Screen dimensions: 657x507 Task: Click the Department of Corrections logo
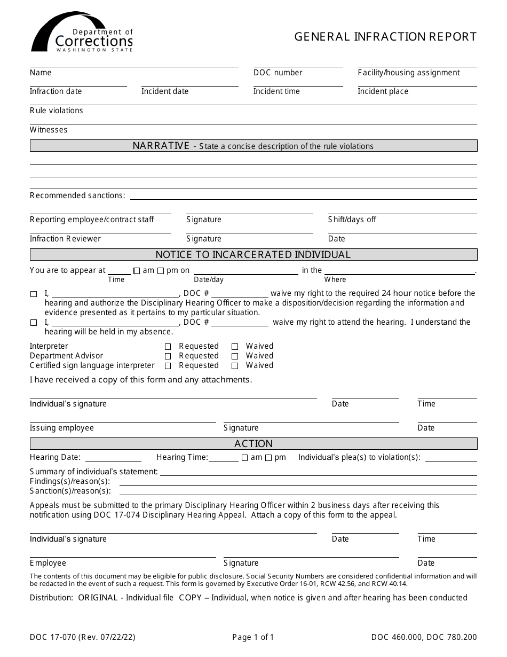(x=82, y=33)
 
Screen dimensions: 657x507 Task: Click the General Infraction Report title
(x=385, y=37)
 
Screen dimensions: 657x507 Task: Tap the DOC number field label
(x=278, y=73)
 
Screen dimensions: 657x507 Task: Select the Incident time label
(x=276, y=91)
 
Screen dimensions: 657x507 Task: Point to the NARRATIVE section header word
(x=161, y=146)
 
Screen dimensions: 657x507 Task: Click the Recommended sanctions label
(x=77, y=195)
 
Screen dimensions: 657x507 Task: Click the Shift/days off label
(x=352, y=220)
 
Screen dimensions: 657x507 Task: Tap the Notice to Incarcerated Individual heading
(x=253, y=255)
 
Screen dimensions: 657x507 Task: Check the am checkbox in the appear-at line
(x=137, y=271)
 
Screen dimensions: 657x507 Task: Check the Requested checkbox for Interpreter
(x=168, y=347)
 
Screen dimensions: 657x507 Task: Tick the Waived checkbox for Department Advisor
(x=235, y=356)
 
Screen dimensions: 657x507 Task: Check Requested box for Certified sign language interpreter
(x=168, y=366)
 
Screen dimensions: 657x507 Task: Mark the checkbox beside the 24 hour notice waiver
(x=34, y=294)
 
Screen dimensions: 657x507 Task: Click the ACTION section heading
(x=253, y=444)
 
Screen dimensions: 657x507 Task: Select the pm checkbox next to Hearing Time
(x=268, y=458)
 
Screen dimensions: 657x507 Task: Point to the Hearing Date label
(x=55, y=457)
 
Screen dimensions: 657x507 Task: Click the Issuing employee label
(x=62, y=428)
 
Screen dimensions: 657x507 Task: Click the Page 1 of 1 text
(x=253, y=637)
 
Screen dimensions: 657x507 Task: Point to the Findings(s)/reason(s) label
(x=69, y=481)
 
